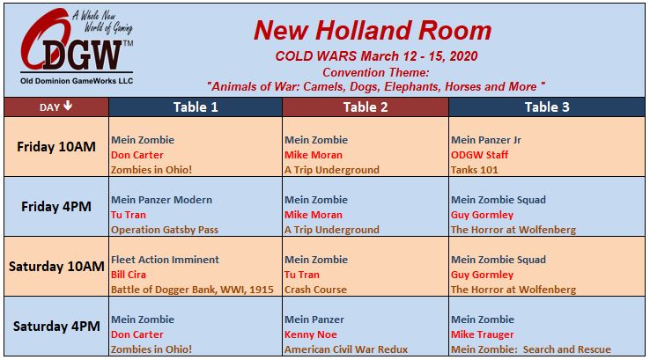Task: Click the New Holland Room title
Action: pos(373,31)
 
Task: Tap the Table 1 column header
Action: pos(196,107)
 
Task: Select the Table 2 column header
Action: pos(366,107)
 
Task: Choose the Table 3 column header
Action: pos(547,107)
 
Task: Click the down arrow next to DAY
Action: pos(68,106)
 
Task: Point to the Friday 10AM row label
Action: pos(56,147)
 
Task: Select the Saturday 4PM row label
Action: pos(56,327)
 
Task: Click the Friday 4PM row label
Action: pos(56,207)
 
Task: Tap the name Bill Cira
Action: pos(129,275)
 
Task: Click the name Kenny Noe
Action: pos(311,334)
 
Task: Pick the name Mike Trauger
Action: pos(482,334)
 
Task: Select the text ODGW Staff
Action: pos(479,155)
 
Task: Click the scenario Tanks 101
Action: pos(474,170)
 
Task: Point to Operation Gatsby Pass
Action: pos(165,230)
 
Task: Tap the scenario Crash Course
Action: pos(315,290)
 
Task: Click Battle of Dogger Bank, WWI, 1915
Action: pos(192,290)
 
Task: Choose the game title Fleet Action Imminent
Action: pos(165,260)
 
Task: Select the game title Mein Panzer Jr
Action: pos(486,140)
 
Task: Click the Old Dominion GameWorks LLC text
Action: pos(77,81)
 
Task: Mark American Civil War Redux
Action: pos(346,349)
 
